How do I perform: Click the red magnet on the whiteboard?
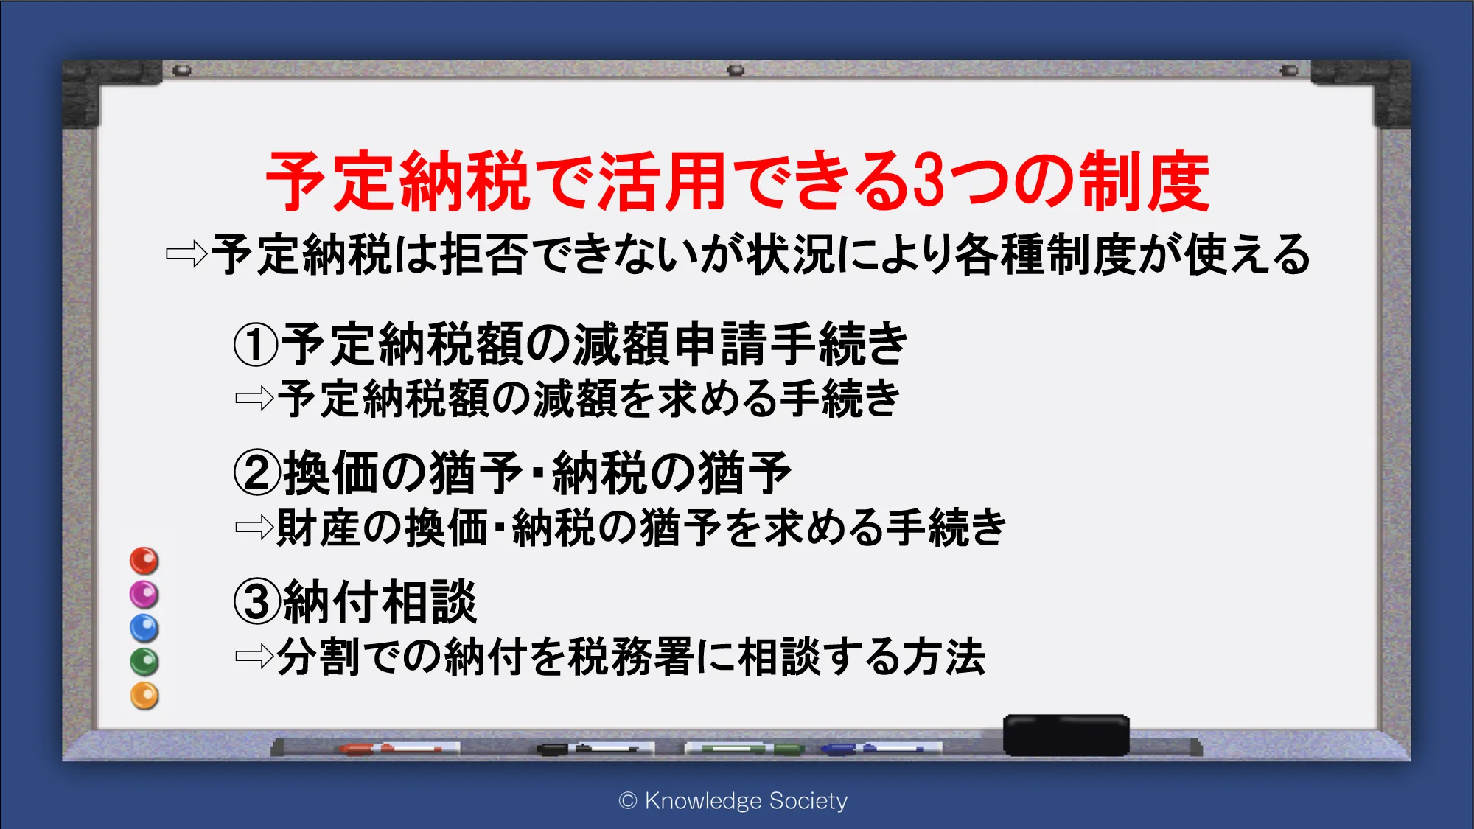(144, 561)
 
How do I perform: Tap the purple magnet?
(144, 595)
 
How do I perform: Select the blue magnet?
(144, 629)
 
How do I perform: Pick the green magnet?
(144, 662)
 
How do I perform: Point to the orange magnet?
(144, 696)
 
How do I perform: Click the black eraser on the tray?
(1066, 735)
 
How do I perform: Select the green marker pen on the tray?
(744, 749)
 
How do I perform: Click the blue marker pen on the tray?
(881, 749)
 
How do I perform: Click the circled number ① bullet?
(256, 344)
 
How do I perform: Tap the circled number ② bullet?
(257, 473)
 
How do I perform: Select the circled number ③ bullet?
(257, 601)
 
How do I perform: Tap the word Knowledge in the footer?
(703, 801)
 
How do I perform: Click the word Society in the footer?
(808, 801)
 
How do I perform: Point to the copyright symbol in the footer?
(628, 801)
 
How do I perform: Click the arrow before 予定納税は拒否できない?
(186, 255)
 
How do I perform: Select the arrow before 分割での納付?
(254, 656)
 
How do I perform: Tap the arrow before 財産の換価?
(254, 527)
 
